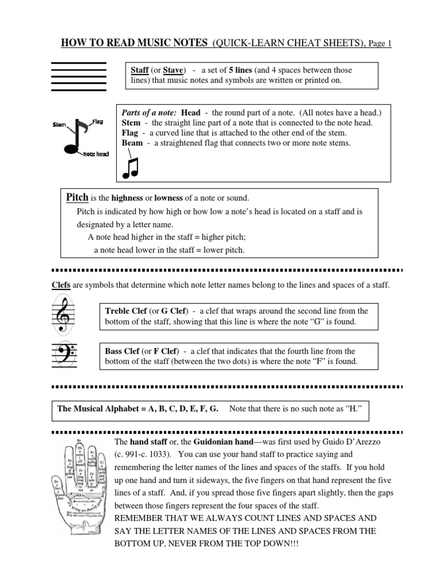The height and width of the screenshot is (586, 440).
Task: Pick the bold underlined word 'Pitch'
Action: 77,198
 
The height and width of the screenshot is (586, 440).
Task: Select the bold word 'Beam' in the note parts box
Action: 133,143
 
